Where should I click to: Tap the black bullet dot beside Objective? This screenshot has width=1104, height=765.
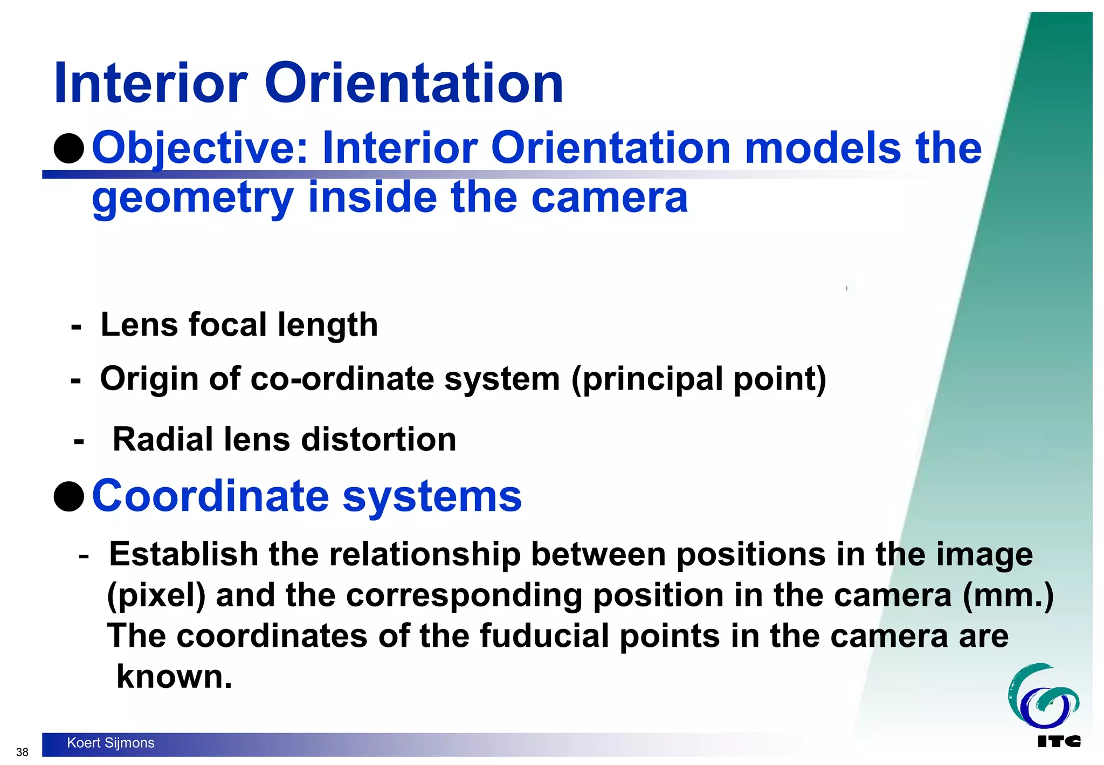point(69,148)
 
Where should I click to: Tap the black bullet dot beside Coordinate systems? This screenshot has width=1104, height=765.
point(69,496)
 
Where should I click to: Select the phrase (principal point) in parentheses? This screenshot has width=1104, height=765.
point(699,379)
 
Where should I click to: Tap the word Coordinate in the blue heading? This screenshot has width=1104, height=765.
point(210,496)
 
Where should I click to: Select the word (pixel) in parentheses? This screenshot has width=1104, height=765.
point(156,596)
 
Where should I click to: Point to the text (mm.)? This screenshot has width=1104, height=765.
point(1008,596)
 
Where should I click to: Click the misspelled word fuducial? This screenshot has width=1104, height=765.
point(544,636)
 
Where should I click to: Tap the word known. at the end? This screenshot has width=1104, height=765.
point(174,677)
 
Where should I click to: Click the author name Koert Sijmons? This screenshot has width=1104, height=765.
point(111,743)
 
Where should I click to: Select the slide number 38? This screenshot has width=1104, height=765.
point(22,752)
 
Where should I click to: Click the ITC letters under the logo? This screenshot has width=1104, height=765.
point(1059,742)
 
